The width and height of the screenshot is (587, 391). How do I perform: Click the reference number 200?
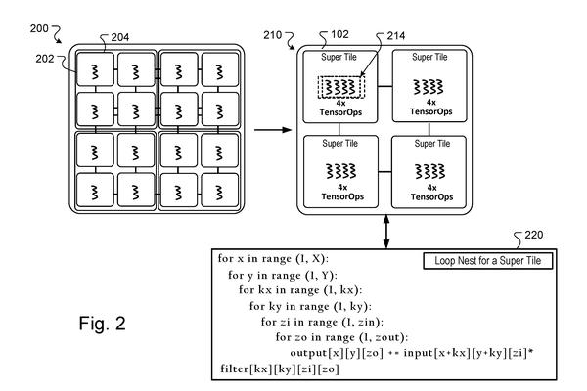(x=39, y=28)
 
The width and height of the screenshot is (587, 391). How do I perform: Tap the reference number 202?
(x=45, y=59)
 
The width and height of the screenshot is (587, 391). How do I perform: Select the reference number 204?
(x=120, y=37)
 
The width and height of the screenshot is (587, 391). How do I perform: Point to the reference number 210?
(x=273, y=35)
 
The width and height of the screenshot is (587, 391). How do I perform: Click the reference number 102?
(x=339, y=35)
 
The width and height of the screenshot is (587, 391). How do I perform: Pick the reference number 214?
(x=396, y=36)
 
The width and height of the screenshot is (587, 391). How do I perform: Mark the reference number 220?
(x=534, y=235)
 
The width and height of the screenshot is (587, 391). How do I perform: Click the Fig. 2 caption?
(x=102, y=324)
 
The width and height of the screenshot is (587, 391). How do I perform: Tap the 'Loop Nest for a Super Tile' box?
(x=488, y=261)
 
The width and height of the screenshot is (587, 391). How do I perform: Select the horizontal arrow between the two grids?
(x=273, y=130)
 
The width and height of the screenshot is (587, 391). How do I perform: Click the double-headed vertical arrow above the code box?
(x=386, y=232)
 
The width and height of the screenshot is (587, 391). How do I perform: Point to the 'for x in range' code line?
(x=273, y=259)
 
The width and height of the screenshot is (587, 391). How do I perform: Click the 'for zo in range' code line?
(x=341, y=337)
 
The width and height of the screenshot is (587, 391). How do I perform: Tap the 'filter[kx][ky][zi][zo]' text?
(x=280, y=369)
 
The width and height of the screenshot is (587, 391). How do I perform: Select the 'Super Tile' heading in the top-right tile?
(x=429, y=57)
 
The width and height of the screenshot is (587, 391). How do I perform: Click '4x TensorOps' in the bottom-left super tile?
(x=342, y=192)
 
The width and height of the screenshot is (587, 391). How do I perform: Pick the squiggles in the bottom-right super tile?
(x=430, y=171)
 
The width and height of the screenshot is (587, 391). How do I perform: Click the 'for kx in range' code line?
(x=300, y=290)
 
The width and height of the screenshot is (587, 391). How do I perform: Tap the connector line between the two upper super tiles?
(x=384, y=87)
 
